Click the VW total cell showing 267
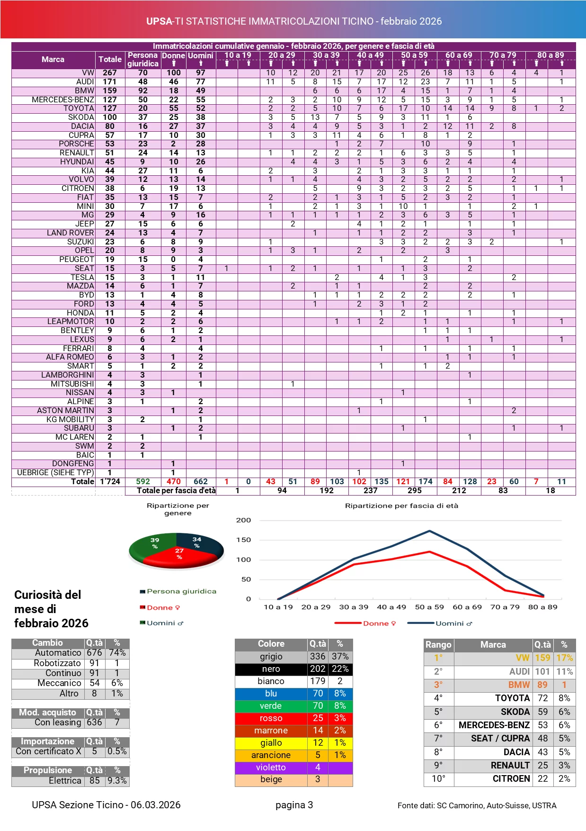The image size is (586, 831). (110, 73)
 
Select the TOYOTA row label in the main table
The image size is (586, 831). (79, 108)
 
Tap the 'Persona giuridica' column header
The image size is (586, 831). (142, 60)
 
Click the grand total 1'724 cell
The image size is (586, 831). (110, 482)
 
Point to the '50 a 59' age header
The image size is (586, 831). (414, 55)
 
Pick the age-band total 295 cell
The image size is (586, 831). (414, 491)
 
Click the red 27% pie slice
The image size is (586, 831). (178, 557)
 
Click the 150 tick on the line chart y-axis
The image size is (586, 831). (243, 540)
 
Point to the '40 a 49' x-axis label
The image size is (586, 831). (391, 607)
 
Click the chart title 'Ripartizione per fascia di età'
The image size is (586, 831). (401, 506)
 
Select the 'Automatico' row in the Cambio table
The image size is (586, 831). (58, 653)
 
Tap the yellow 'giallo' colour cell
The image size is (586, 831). (271, 743)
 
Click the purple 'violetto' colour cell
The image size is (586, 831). (271, 768)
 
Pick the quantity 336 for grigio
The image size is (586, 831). (317, 657)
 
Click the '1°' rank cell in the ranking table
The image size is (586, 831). (438, 658)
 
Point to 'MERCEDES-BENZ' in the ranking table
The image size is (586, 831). (494, 725)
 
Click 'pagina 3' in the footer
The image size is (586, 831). (294, 805)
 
